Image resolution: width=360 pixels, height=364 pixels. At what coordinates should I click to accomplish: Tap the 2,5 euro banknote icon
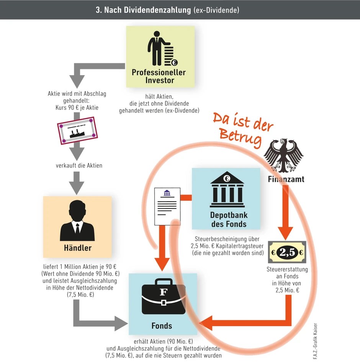287,252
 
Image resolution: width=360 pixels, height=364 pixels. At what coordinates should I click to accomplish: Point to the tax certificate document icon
167,206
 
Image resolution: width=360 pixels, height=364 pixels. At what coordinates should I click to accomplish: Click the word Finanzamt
286,179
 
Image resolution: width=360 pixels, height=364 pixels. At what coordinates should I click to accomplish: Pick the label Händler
77,248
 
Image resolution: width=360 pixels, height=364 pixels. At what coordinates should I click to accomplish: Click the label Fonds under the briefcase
162,326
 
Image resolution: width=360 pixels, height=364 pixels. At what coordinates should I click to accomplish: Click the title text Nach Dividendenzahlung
147,10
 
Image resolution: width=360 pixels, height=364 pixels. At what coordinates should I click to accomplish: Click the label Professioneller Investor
159,76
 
